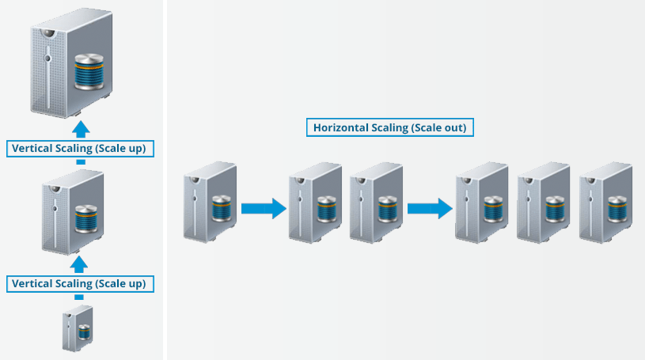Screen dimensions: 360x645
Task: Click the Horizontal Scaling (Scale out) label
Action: pos(389,127)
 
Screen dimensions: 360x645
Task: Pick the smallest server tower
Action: pos(78,331)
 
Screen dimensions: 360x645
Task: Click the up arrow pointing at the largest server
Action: pos(79,130)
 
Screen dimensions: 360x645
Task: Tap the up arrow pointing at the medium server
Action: pos(78,263)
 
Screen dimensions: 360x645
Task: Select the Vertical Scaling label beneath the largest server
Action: pos(79,148)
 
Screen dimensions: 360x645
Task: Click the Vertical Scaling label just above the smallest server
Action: pos(79,283)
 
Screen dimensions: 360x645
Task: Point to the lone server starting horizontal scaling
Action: pos(210,201)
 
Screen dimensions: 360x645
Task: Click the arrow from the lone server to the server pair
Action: pos(262,209)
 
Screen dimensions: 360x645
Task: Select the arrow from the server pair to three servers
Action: pos(429,209)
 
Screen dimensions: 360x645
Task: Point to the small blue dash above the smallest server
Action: pos(79,297)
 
